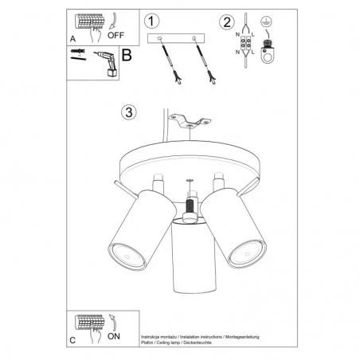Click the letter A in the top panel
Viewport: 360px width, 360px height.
74,37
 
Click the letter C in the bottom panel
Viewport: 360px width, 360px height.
74,340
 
